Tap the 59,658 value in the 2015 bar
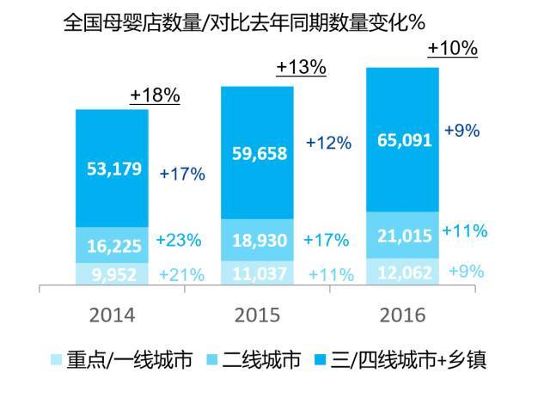256,152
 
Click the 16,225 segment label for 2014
111,245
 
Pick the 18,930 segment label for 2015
256,237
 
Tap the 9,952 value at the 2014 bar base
111,275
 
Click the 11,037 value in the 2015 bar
256,274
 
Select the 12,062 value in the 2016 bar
403,271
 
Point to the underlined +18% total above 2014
155,95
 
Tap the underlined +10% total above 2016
452,48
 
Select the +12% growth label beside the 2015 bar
328,144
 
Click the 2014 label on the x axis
113,315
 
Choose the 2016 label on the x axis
403,315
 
